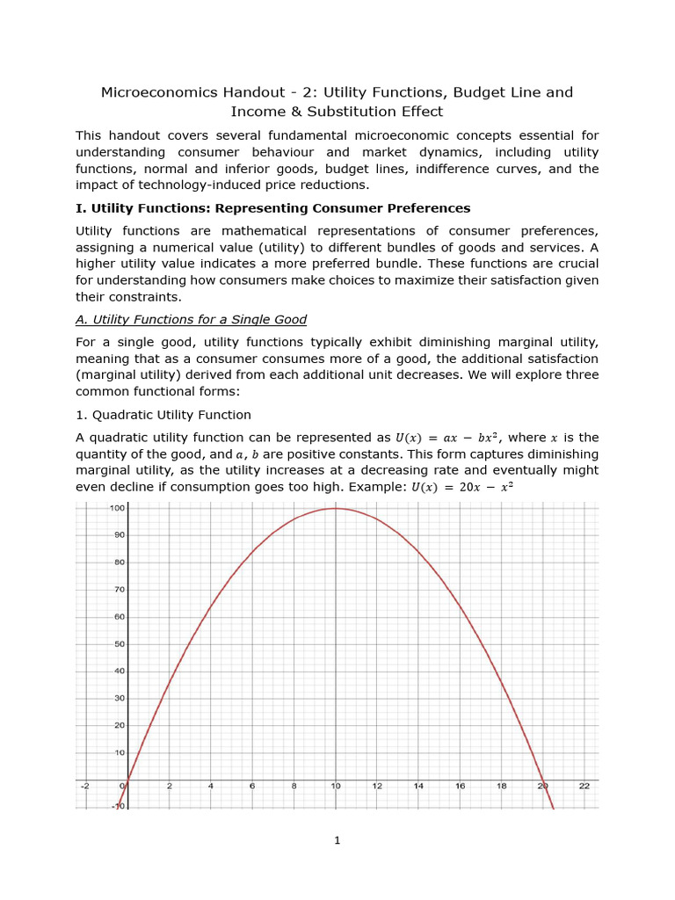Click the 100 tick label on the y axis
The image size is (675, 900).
point(116,508)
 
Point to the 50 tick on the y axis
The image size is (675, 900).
point(118,644)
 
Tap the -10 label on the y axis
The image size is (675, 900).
point(118,806)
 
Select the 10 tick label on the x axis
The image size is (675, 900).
point(335,787)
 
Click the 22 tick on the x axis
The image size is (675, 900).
point(584,787)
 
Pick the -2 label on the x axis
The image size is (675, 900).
point(84,787)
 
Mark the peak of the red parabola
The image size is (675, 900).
point(335,508)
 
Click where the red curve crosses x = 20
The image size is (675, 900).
point(543,780)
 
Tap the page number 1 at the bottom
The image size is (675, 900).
point(337,840)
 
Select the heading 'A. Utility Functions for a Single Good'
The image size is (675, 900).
point(191,319)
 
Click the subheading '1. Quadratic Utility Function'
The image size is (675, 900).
point(163,415)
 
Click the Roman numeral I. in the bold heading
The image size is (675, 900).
point(80,208)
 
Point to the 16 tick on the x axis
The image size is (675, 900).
point(460,787)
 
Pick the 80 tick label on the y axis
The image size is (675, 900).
point(118,562)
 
